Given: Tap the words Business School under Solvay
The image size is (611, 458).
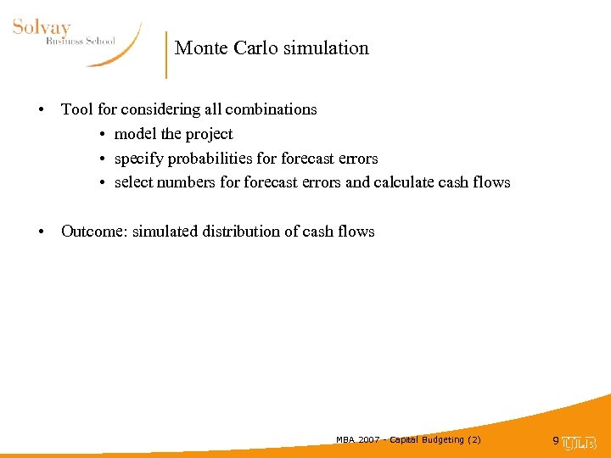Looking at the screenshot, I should coord(80,42).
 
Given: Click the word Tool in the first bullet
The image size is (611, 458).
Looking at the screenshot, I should coord(76,109).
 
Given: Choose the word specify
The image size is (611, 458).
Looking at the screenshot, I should coord(137,159).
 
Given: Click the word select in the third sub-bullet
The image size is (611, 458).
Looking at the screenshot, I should coord(134,182).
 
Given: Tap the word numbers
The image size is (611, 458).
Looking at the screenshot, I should coord(187,182).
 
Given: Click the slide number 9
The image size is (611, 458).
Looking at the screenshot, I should coord(556,441).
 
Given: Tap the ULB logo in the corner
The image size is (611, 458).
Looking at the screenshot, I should coord(580,442).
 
